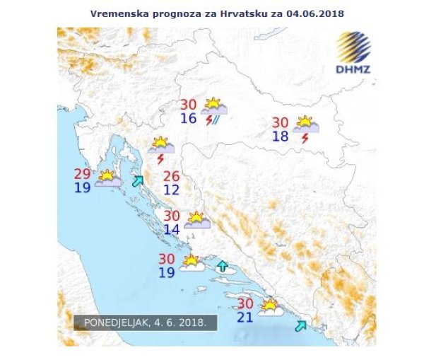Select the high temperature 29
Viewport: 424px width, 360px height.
pyautogui.click(x=83, y=174)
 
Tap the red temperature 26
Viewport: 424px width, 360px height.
pyautogui.click(x=172, y=176)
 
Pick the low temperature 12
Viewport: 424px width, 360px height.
pyautogui.click(x=172, y=190)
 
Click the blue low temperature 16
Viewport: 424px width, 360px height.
pyautogui.click(x=189, y=118)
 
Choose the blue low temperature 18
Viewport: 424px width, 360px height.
pyautogui.click(x=281, y=136)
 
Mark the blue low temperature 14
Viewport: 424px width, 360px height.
pyautogui.click(x=172, y=229)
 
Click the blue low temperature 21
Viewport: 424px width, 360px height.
pyautogui.click(x=245, y=317)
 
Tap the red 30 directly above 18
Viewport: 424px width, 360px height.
pyautogui.click(x=281, y=122)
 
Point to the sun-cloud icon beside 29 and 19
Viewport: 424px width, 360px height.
pyautogui.click(x=108, y=178)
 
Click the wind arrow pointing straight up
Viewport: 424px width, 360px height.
pyautogui.click(x=223, y=267)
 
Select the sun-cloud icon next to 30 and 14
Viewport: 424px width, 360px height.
pyautogui.click(x=196, y=220)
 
